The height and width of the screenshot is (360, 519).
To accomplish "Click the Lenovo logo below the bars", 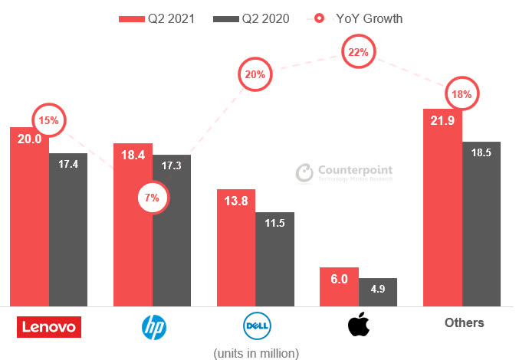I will pyautogui.click(x=48, y=327).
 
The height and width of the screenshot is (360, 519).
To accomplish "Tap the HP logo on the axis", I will pyautogui.click(x=153, y=327).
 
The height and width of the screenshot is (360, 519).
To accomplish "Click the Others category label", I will pyautogui.click(x=464, y=322).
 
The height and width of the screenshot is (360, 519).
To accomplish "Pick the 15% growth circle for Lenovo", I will pyautogui.click(x=49, y=120).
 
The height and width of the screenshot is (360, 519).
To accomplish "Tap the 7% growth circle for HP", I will pyautogui.click(x=152, y=198).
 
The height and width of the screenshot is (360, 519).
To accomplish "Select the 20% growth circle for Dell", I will pyautogui.click(x=255, y=75).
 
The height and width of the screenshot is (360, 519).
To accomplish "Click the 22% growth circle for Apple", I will pyautogui.click(x=358, y=53).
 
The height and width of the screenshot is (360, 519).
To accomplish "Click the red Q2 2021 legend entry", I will pyautogui.click(x=157, y=18).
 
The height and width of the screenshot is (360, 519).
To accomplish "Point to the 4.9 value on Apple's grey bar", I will pyautogui.click(x=377, y=290).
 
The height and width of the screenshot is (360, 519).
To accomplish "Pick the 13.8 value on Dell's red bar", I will pyautogui.click(x=236, y=202).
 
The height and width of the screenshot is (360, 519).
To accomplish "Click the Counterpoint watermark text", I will pyautogui.click(x=353, y=171).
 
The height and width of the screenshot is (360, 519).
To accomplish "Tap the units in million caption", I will pyautogui.click(x=255, y=352).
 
